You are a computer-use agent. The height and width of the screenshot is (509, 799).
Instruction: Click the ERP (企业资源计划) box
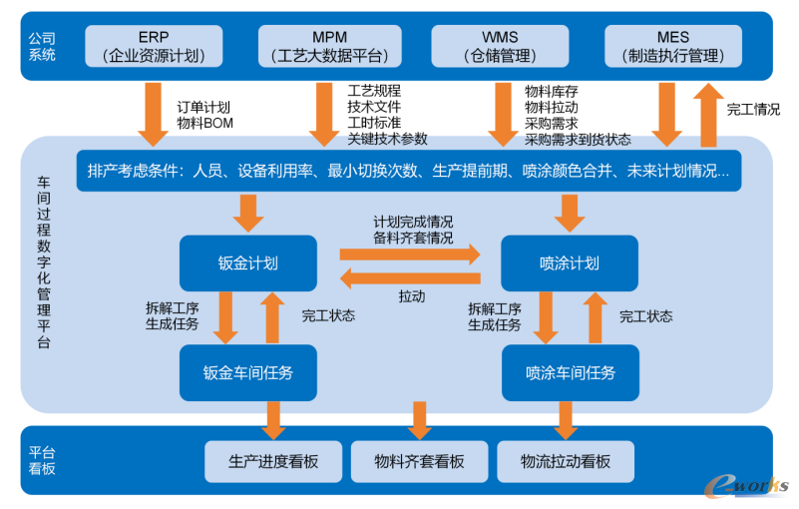click(154, 46)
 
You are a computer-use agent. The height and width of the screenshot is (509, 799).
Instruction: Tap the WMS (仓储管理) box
click(500, 46)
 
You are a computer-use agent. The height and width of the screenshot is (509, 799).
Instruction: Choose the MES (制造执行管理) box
click(673, 46)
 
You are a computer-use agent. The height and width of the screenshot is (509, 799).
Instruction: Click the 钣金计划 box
click(248, 263)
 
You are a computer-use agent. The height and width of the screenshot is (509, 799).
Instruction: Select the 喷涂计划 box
click(569, 263)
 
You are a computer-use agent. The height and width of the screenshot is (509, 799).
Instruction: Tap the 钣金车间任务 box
click(248, 372)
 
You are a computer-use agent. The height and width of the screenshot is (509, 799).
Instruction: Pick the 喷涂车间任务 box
click(570, 372)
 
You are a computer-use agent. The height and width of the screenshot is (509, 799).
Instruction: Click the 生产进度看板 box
click(273, 461)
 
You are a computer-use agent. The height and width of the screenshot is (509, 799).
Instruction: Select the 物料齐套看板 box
click(419, 461)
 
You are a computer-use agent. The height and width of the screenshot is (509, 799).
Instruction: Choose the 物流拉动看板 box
click(565, 461)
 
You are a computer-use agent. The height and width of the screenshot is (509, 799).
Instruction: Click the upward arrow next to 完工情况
click(709, 115)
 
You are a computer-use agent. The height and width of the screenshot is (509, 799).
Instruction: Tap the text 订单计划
click(203, 107)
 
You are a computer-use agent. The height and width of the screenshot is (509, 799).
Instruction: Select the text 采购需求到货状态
click(578, 139)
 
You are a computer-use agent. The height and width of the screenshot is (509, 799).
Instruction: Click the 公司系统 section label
click(42, 46)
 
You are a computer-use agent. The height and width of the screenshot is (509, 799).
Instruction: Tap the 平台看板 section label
click(42, 460)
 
